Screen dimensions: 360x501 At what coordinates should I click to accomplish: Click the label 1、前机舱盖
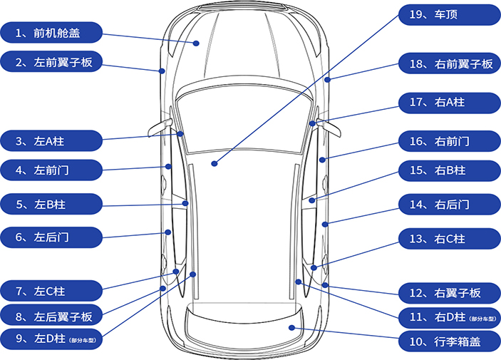[51, 32]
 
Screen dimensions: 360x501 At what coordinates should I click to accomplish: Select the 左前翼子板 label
[51, 63]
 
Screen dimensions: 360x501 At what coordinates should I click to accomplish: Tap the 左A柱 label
[51, 140]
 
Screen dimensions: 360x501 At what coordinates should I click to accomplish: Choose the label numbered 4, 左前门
[51, 170]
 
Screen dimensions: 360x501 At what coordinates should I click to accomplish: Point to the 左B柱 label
[51, 205]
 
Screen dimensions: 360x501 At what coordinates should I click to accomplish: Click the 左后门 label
[51, 235]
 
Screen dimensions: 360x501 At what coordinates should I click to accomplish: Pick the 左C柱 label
[51, 291]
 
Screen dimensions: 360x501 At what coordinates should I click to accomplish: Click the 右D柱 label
[448, 317]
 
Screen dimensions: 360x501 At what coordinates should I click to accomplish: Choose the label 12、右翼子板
[448, 292]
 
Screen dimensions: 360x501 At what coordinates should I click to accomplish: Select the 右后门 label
[448, 205]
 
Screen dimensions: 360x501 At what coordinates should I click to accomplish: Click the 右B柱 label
[448, 170]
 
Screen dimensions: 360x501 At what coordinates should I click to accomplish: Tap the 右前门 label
[448, 140]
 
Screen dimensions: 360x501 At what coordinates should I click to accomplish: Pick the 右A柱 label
[448, 102]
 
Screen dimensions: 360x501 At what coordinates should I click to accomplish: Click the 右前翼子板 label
[448, 64]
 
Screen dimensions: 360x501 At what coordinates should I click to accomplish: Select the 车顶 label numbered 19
[448, 15]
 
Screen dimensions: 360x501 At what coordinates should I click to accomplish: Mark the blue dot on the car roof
[214, 164]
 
